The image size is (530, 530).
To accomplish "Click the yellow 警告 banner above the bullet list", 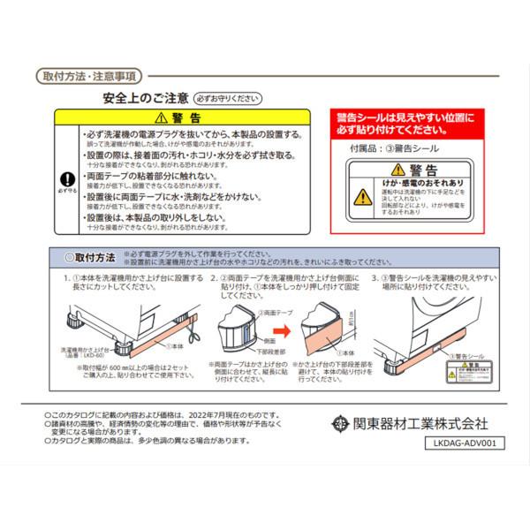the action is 181,117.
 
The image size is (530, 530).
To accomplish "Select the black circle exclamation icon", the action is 61,178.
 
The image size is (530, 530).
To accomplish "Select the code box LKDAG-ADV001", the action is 465,444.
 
